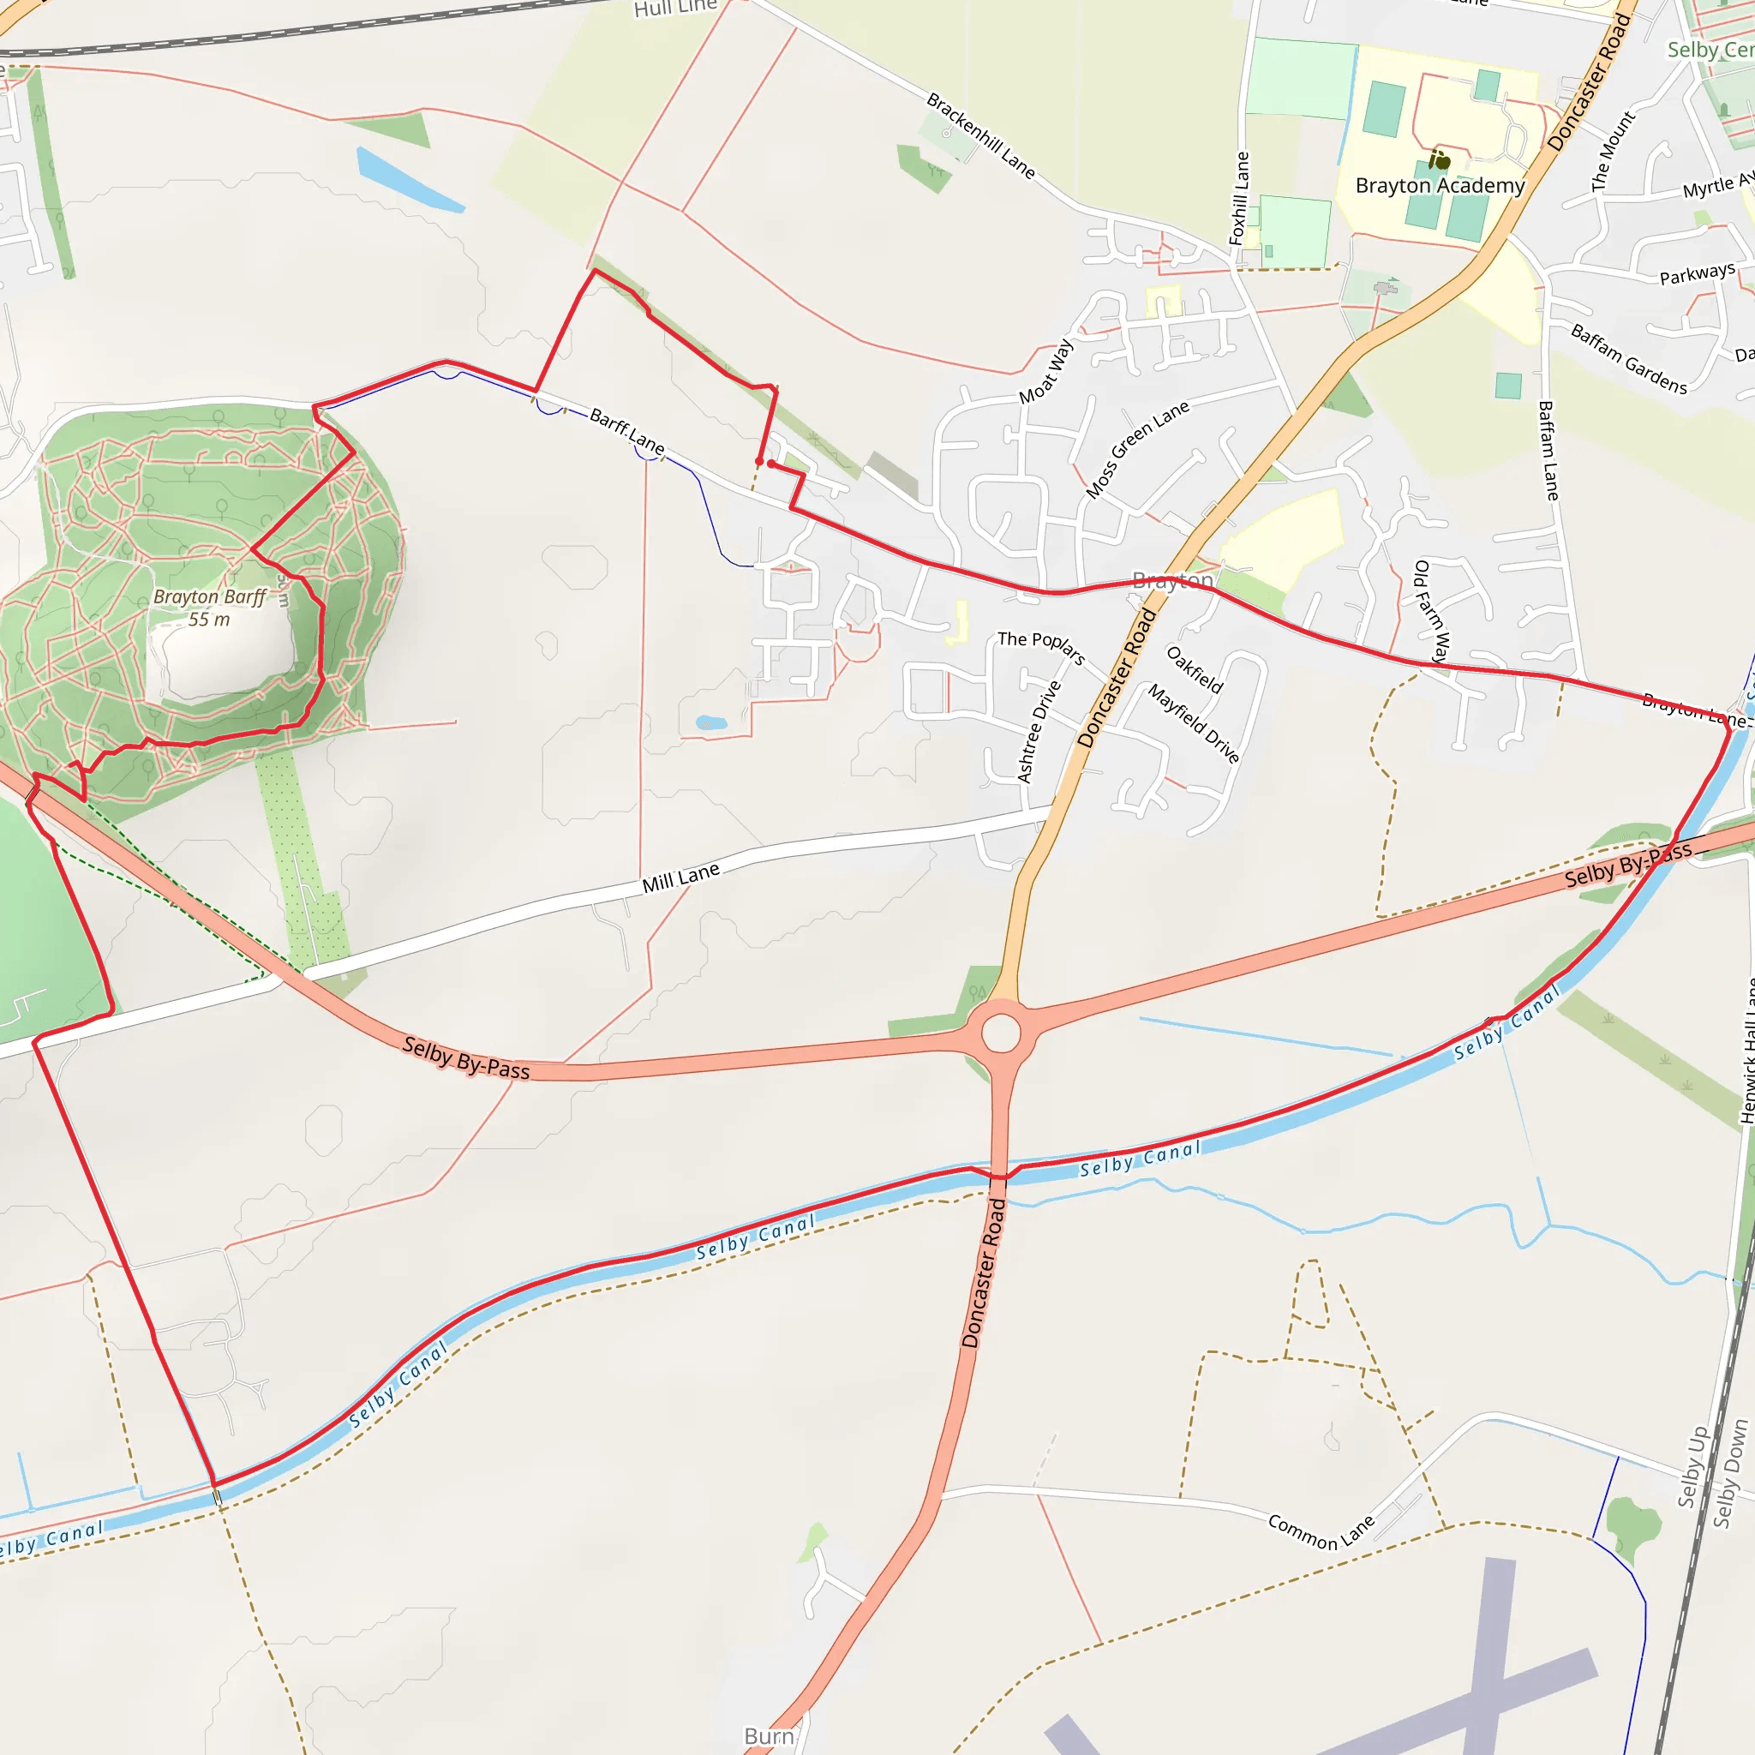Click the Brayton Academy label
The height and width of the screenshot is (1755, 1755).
[x=1440, y=186]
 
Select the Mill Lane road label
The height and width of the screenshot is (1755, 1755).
[x=680, y=877]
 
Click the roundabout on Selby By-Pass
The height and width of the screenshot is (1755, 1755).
[x=1001, y=1032]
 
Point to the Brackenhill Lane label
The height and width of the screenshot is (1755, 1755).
[x=980, y=135]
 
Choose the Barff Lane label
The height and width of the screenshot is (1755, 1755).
[x=626, y=430]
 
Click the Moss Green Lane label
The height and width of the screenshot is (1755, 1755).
[x=1137, y=449]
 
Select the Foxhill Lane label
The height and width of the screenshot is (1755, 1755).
[x=1239, y=198]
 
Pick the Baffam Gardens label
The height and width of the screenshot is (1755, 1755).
[x=1629, y=359]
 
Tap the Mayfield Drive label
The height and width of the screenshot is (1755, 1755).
[x=1193, y=723]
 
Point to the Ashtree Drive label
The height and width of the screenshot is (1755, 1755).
[x=1039, y=731]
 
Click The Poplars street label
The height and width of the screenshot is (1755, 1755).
[x=1041, y=647]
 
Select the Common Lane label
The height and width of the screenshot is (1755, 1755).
[x=1321, y=1531]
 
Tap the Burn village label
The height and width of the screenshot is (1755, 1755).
[x=769, y=1736]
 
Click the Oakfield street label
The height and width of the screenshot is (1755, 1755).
[x=1195, y=668]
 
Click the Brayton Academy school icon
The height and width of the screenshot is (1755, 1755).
[x=1439, y=160]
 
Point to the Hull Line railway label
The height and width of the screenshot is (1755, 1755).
[x=675, y=9]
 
